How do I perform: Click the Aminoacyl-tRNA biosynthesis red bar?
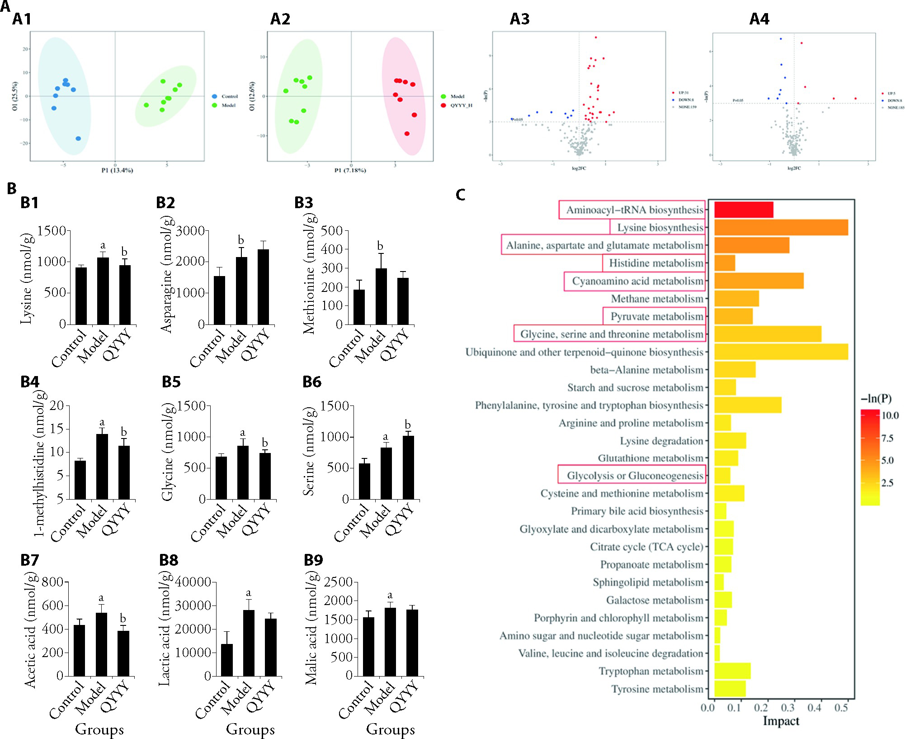(x=744, y=210)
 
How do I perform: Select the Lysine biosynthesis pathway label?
(x=660, y=228)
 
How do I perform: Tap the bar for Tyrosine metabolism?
(x=730, y=689)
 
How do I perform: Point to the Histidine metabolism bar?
(x=725, y=263)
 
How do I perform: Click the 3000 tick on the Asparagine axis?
(x=190, y=231)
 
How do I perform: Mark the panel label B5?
(x=171, y=382)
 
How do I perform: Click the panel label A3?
(x=519, y=19)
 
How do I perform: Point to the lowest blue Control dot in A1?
(x=78, y=138)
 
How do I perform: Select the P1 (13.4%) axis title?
(x=117, y=171)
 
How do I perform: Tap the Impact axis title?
(x=781, y=721)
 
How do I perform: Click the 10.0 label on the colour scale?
(x=890, y=415)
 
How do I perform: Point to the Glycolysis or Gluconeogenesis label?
(x=635, y=476)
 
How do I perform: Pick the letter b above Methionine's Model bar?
(x=380, y=246)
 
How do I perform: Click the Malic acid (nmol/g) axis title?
(x=311, y=629)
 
